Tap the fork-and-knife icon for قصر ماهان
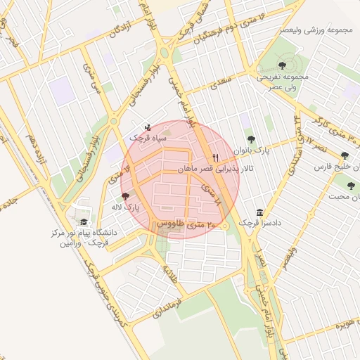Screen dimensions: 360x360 216,157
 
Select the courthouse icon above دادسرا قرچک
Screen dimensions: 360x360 260,212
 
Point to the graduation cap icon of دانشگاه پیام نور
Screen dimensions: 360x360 84,222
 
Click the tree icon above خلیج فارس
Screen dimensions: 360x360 344,156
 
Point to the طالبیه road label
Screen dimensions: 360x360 173,271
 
